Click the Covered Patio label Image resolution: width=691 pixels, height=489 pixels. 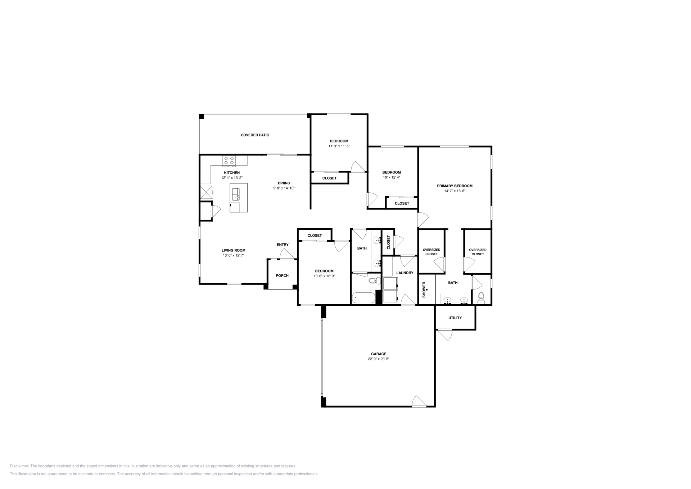pos(255,135)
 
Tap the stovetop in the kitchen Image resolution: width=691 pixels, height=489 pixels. pos(229,161)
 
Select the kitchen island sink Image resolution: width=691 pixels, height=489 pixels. pos(236,194)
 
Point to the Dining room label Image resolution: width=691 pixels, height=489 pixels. pos(284,183)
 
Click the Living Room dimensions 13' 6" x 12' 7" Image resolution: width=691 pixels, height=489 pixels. pos(234,255)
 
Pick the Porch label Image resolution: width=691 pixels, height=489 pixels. pos(282,275)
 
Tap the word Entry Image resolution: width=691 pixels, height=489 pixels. pos(283,244)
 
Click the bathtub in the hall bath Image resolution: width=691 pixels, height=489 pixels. pos(363,298)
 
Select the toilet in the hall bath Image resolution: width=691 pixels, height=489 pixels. pos(375,280)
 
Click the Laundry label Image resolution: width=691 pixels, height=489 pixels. pos(405,273)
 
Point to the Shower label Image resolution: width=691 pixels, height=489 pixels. pos(424,290)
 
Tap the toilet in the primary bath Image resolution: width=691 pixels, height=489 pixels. pos(481,298)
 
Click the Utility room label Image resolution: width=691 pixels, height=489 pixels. pos(455,318)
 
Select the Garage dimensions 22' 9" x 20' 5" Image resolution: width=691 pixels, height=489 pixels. pos(379,359)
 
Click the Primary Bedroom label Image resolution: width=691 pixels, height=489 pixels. pos(455,186)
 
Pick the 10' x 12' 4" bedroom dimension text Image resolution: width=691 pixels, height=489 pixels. pos(392,177)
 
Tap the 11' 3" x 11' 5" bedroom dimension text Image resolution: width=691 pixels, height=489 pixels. pos(339,146)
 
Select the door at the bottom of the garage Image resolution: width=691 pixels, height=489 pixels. pos(419,401)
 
